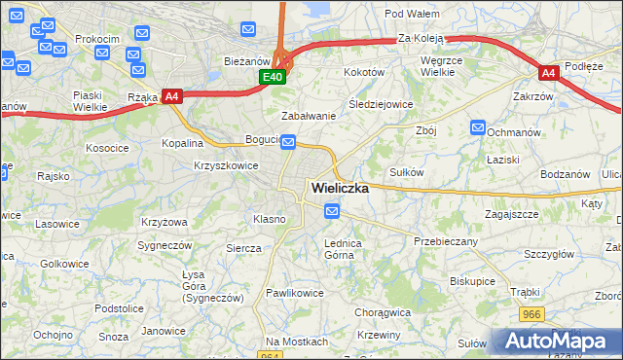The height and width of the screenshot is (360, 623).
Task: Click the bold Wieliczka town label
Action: click(339, 189)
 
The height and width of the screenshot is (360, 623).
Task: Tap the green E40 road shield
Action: click(273, 77)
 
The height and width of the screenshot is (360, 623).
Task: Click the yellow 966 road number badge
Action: click(531, 315)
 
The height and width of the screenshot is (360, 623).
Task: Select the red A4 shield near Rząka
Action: click(172, 95)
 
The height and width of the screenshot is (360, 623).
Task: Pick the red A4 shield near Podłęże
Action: click(549, 73)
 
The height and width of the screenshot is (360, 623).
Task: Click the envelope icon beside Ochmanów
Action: click(478, 127)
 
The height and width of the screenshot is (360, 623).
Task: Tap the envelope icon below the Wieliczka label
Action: click(333, 210)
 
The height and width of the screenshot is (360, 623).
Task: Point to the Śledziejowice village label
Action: click(381, 104)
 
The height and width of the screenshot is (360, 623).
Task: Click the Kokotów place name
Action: click(364, 72)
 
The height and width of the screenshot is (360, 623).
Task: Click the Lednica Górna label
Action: click(343, 249)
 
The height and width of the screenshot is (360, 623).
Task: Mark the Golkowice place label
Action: click(65, 264)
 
